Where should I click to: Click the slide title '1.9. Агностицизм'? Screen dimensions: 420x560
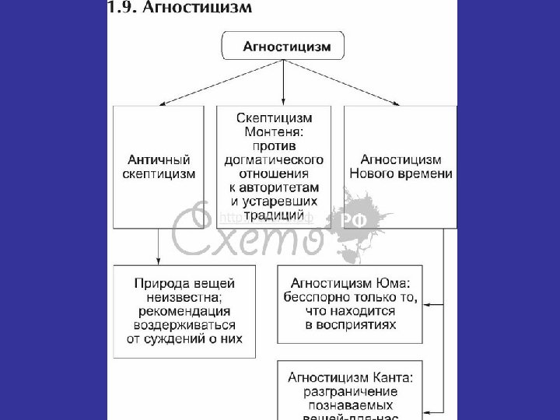click(x=180, y=9)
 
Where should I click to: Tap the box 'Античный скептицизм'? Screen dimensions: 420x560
click(x=159, y=166)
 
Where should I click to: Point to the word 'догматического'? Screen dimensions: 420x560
click(x=279, y=159)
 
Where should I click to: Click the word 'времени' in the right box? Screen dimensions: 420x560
click(x=426, y=173)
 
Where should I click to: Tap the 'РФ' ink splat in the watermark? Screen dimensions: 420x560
click(x=360, y=222)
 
